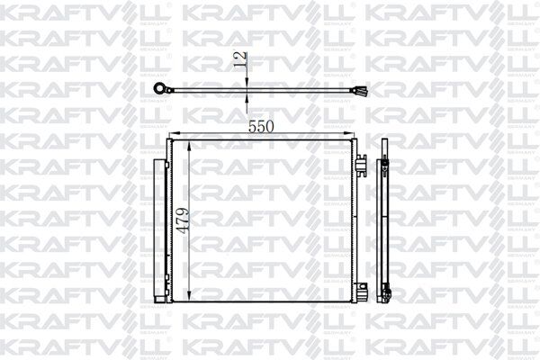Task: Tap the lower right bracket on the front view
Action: click(360, 290)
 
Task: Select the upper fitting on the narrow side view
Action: click(388, 162)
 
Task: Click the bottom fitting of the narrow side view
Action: click(389, 291)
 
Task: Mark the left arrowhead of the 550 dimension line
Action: click(174, 136)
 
